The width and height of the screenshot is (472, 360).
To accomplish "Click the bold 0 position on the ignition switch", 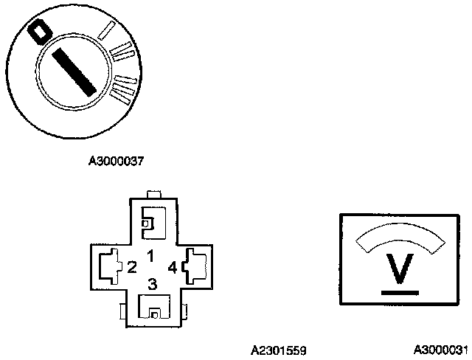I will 38,32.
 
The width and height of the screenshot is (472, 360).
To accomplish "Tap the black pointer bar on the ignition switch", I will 74,69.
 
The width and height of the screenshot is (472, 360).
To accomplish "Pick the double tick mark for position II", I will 122,52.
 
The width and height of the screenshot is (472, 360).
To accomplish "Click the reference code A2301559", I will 278,349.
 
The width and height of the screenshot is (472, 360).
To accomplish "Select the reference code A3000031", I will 440,349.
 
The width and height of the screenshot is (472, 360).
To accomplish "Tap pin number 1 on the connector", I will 150,256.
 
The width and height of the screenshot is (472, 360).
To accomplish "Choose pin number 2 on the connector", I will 131,266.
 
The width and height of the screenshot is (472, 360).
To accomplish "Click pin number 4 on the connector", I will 173,266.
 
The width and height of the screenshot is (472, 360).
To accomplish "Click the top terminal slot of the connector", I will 152,221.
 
